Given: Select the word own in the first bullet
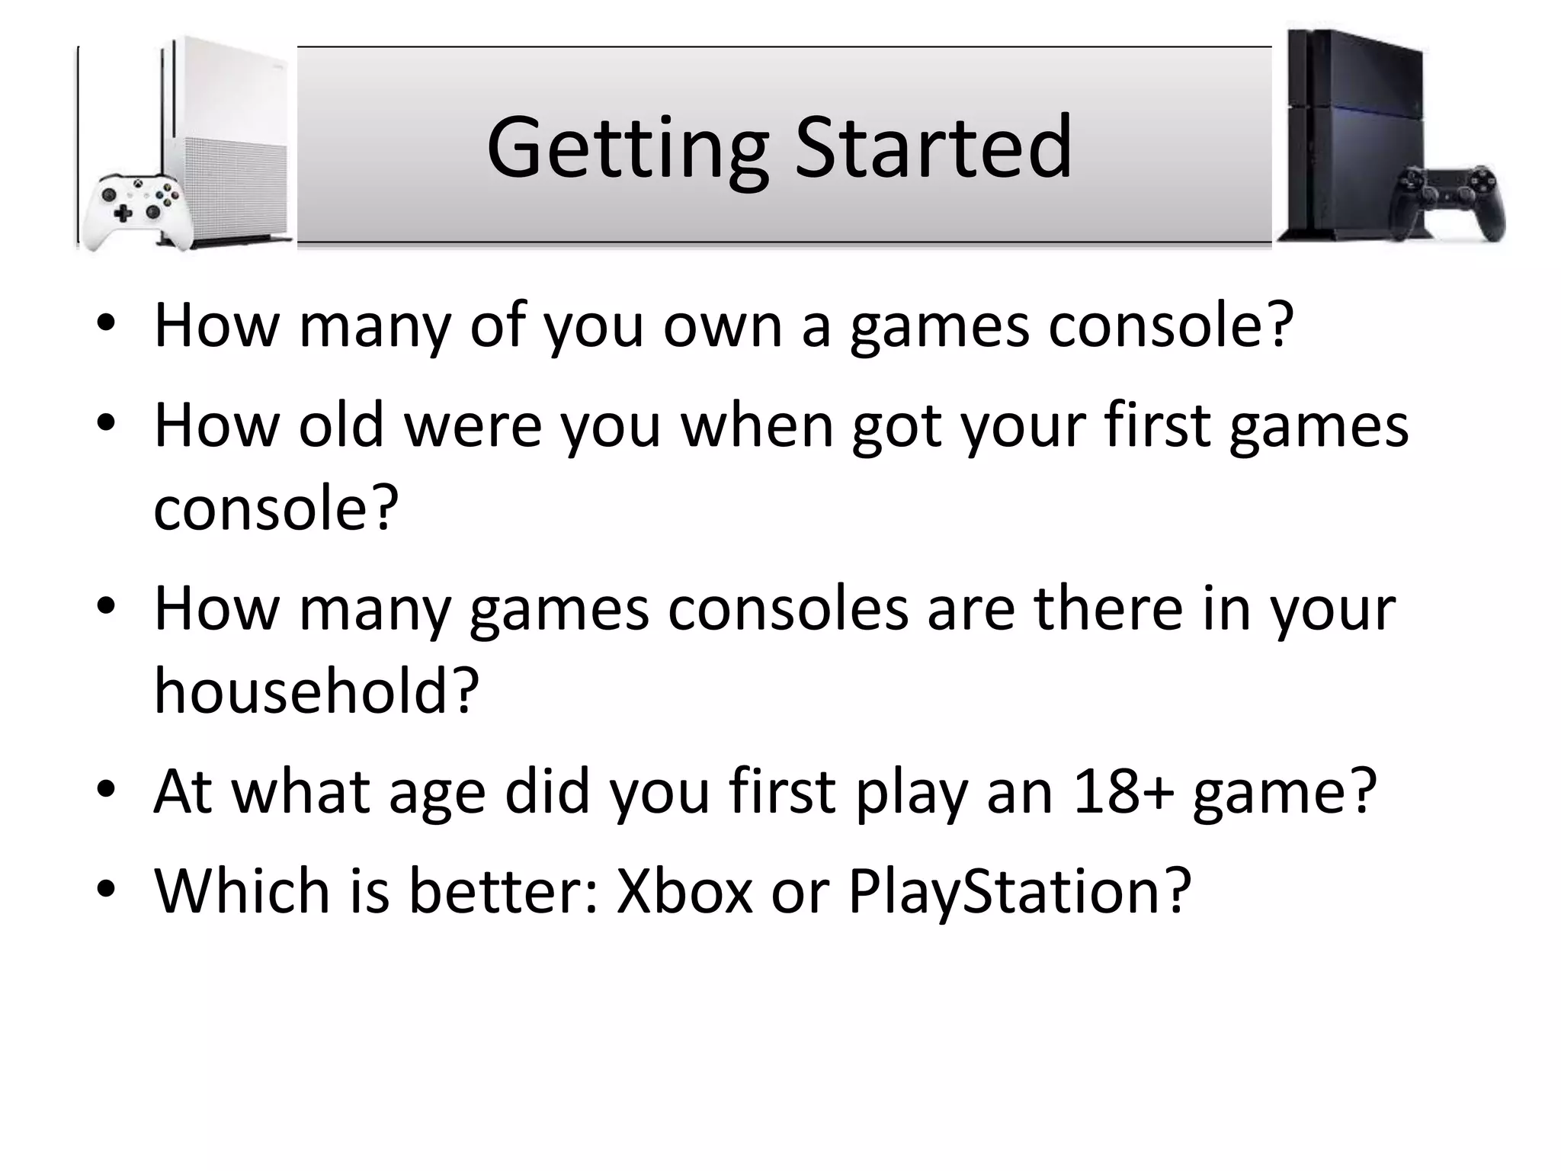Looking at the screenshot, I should (x=723, y=326).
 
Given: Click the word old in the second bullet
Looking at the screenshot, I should (x=341, y=425).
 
